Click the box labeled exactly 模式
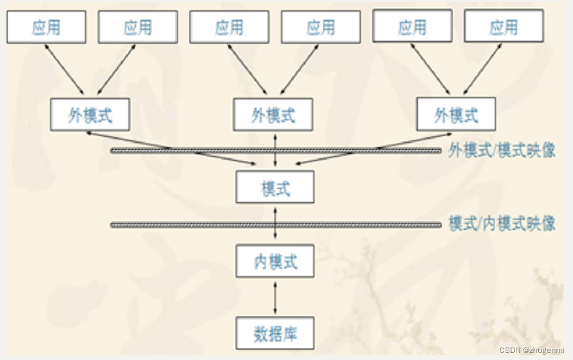[x=275, y=187]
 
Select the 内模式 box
[x=275, y=261]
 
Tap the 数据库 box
[x=275, y=333]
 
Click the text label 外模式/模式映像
[x=502, y=151]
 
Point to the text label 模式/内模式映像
[x=502, y=224]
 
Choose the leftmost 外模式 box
[x=90, y=114]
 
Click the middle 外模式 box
[x=273, y=114]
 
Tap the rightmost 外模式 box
[x=456, y=114]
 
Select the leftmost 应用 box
[x=46, y=27]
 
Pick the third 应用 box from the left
[x=229, y=27]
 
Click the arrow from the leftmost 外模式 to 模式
[x=171, y=148]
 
